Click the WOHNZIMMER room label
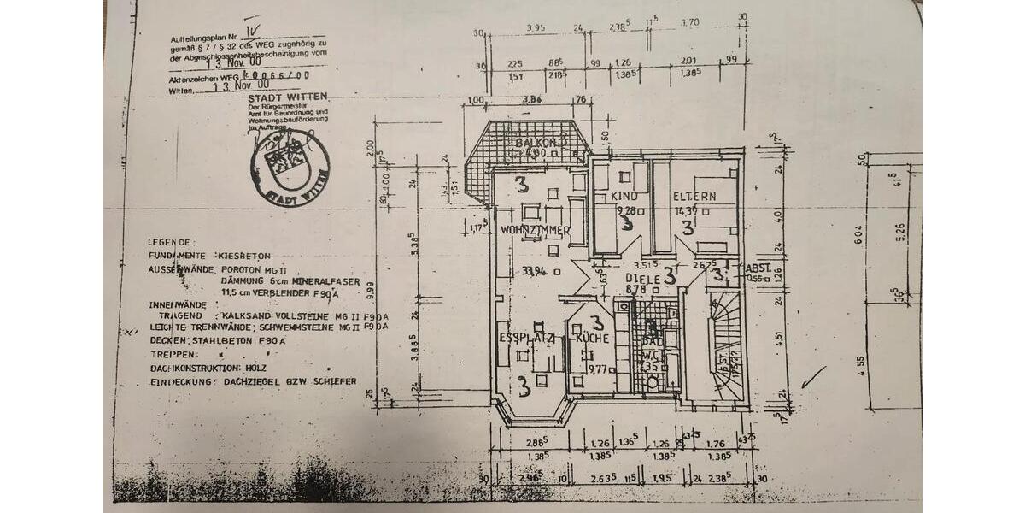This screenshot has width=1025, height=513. point(535,230)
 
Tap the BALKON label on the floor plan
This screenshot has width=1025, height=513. point(536,142)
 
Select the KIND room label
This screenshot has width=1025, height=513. point(624,196)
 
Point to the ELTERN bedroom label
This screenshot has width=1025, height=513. point(693,196)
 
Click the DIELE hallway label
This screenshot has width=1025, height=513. point(641,278)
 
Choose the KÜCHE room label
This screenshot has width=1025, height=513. point(593,339)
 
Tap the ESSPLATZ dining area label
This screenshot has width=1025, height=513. point(527,339)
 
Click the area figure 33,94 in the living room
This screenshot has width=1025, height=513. point(533,272)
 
